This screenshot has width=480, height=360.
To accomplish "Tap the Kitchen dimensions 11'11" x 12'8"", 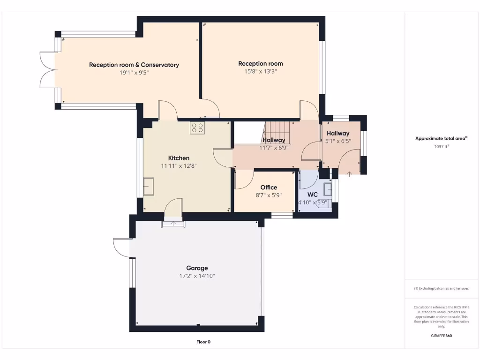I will coord(179,166).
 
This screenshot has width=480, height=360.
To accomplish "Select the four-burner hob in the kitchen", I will coord(197,128).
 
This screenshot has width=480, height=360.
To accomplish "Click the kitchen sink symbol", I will coord(149,186).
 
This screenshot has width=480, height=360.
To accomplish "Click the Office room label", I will coord(269,187).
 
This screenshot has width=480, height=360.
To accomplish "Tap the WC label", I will coord(313,195).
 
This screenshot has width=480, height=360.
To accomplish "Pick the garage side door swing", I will coord(122,247).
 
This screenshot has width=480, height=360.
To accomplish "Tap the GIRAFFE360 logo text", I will coord(441,336).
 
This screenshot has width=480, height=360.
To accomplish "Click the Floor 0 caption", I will coord(203,342).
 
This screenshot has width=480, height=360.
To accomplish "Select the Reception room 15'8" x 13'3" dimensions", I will coord(260,72).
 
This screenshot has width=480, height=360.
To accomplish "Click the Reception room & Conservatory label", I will coord(134,65).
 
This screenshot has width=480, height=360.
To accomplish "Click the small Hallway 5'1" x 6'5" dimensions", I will coord(338,141).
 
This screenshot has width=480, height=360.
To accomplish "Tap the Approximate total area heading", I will coord(441,138).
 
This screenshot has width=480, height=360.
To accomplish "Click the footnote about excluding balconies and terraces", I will coord(441,288).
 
